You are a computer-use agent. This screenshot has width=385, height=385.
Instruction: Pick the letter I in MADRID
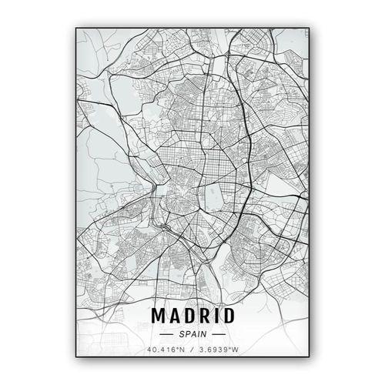pyautogui.click(x=216, y=316)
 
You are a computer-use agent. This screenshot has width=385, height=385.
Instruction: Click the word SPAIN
pyautogui.click(x=193, y=334)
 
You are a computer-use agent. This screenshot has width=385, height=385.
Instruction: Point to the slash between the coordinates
pyautogui.click(x=192, y=350)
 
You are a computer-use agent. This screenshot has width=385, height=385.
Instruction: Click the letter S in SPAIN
pyautogui.click(x=182, y=334)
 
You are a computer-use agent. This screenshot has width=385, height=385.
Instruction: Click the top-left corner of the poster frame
pyautogui.click(x=75, y=28)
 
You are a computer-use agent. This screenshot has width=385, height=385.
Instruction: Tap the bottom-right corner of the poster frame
pyautogui.click(x=309, y=357)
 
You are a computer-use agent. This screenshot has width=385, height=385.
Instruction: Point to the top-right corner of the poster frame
pyautogui.click(x=309, y=28)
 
